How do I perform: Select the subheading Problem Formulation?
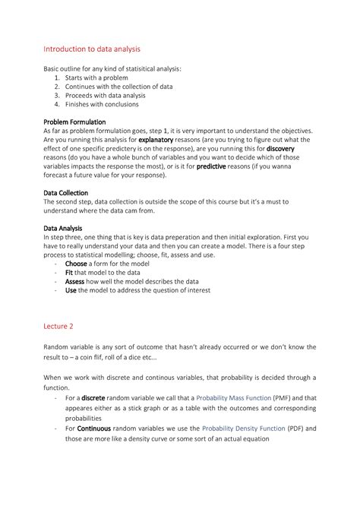[74, 122]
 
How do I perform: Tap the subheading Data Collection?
[66, 193]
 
